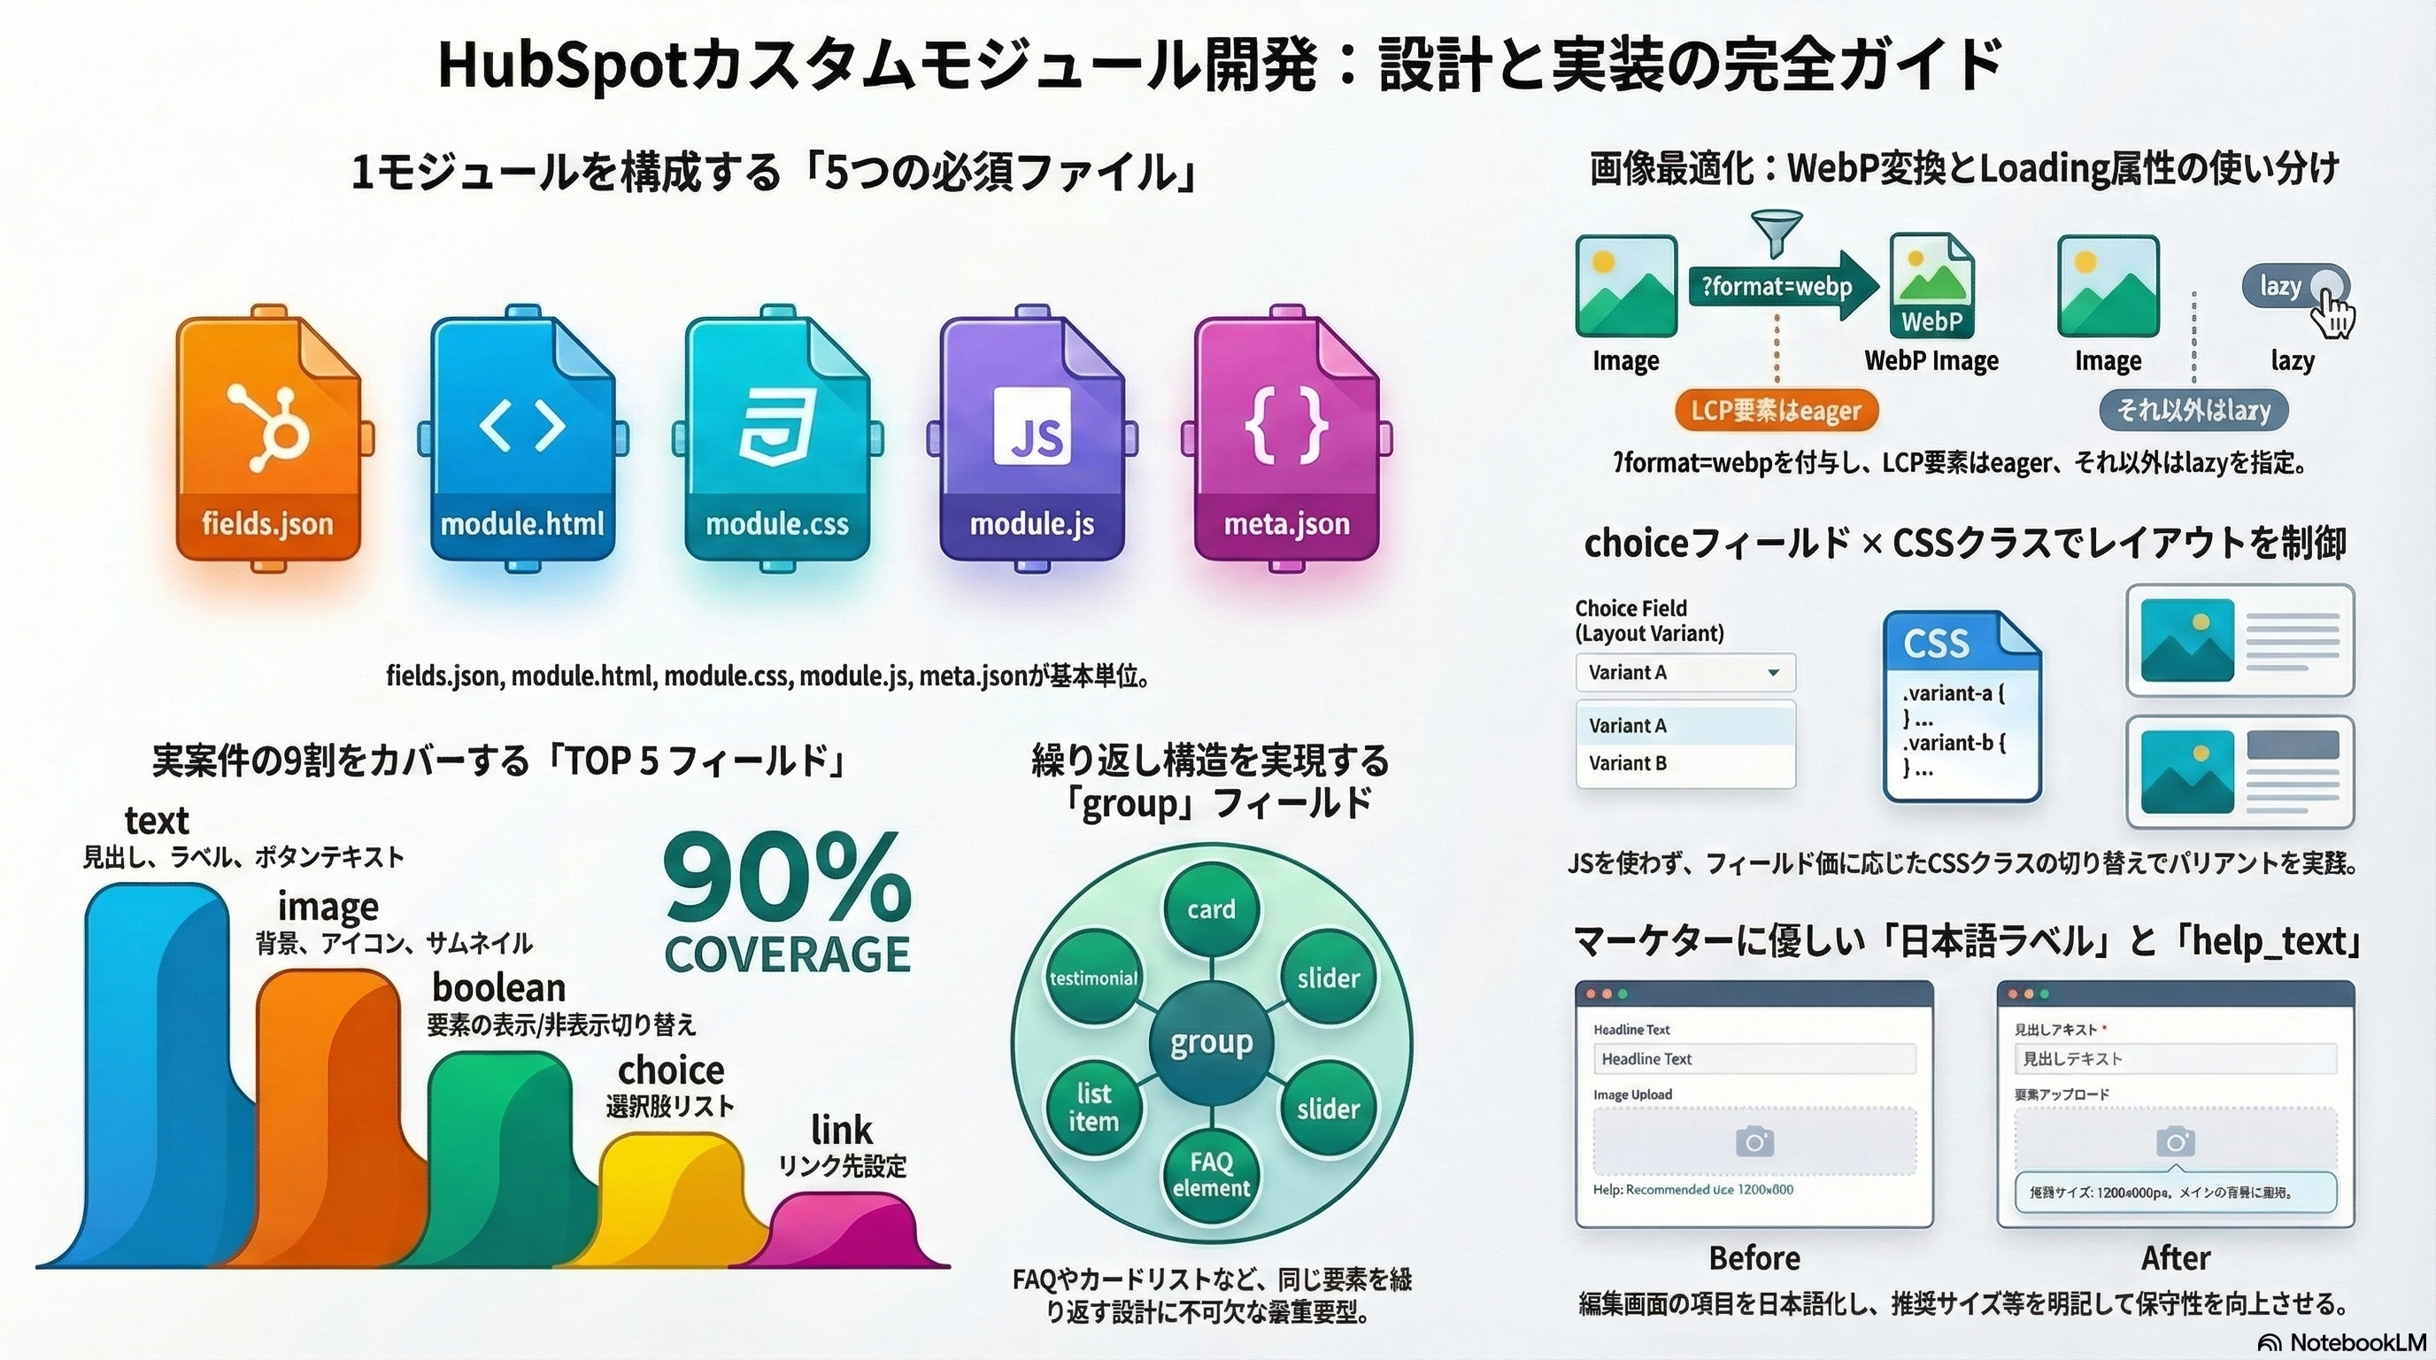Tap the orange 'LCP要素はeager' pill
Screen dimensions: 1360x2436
pyautogui.click(x=1776, y=411)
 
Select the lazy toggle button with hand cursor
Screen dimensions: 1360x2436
pyautogui.click(x=2296, y=286)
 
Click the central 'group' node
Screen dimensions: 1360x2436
pyautogui.click(x=1212, y=1042)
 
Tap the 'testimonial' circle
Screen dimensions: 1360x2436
pyautogui.click(x=1093, y=977)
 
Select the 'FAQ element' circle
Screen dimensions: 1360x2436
pyautogui.click(x=1212, y=1174)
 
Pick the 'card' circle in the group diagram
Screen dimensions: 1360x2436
pyautogui.click(x=1212, y=908)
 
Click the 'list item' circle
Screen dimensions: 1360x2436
pyautogui.click(x=1093, y=1108)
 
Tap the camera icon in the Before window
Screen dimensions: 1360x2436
pyautogui.click(x=1754, y=1141)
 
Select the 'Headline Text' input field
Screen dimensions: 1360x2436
pyautogui.click(x=1754, y=1059)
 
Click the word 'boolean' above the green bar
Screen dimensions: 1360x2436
pyautogui.click(x=498, y=987)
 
